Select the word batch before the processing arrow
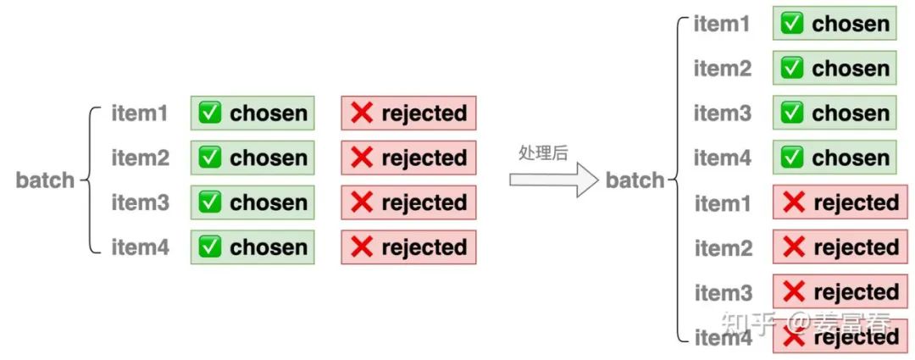point(45,180)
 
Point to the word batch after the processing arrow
point(635,180)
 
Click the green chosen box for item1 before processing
point(252,113)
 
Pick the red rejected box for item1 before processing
point(409,113)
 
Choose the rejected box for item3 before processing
point(409,202)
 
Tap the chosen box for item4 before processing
point(252,247)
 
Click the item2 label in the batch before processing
point(140,158)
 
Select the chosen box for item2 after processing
point(835,69)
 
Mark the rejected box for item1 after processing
point(840,203)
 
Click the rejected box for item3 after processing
point(840,292)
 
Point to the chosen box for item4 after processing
point(835,158)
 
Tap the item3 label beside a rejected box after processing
point(723,293)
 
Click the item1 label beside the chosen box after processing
point(722,24)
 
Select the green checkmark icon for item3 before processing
point(211,202)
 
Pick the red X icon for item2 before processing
point(362,158)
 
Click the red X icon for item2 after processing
point(794,247)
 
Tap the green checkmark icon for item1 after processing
point(792,24)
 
